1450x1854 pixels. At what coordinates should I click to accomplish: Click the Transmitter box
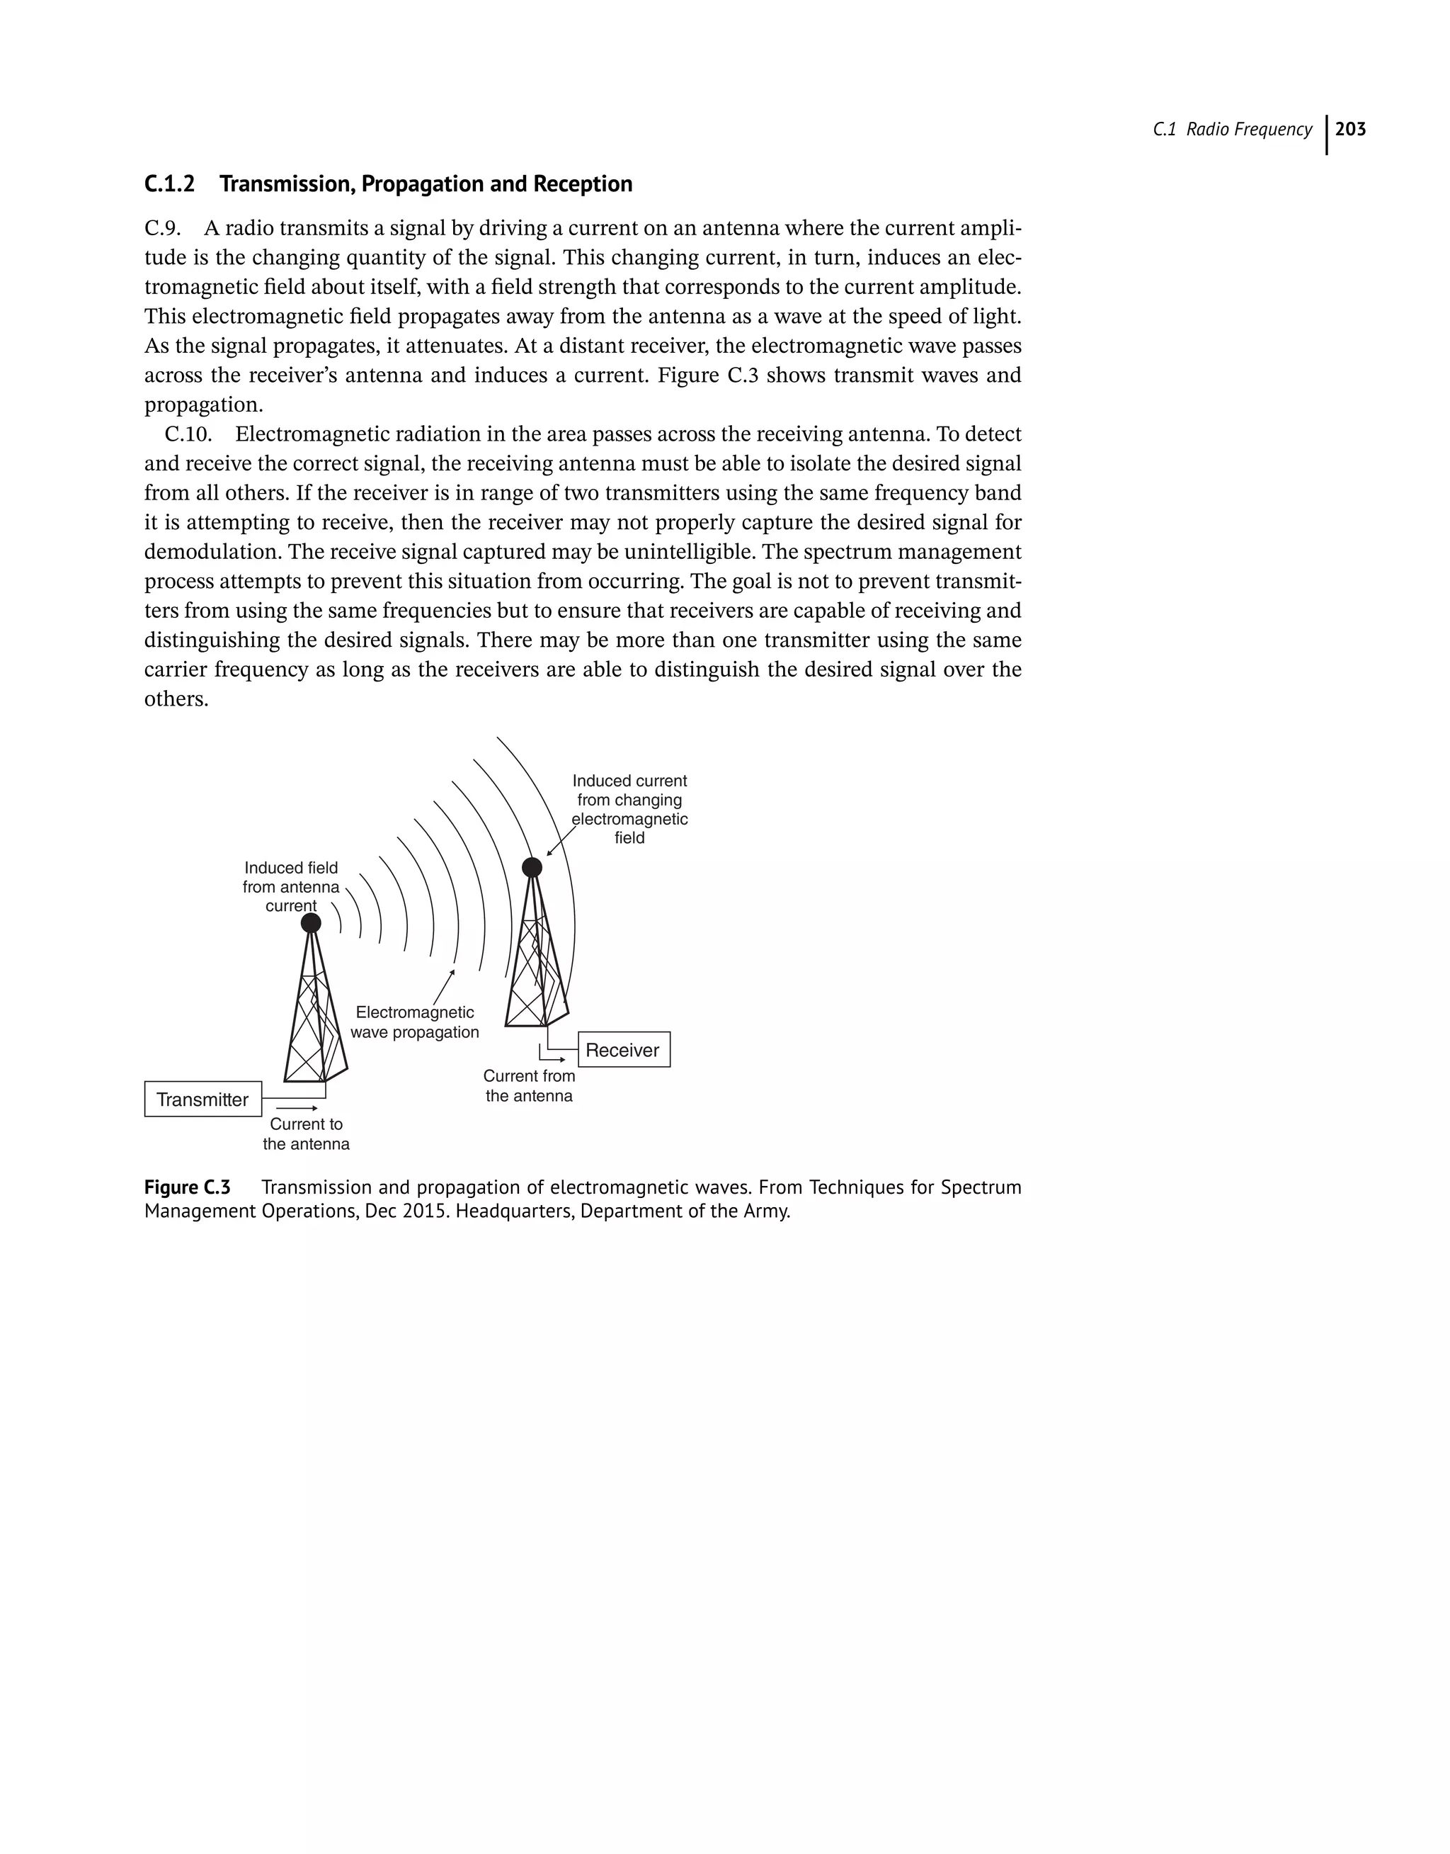(203, 1099)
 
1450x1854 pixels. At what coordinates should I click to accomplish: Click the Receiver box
(623, 1050)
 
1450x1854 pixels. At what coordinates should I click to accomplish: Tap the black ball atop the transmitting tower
(312, 923)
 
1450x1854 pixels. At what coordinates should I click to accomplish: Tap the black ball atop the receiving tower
(532, 867)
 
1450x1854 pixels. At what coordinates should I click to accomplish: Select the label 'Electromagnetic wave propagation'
(414, 1022)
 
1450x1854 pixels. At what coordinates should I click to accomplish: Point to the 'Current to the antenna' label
(306, 1134)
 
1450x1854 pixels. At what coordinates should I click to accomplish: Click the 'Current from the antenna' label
(529, 1085)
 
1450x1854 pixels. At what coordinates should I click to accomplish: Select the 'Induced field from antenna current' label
(290, 887)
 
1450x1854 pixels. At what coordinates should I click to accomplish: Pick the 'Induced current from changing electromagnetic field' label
(629, 809)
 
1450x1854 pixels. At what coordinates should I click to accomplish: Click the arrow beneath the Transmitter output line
(296, 1108)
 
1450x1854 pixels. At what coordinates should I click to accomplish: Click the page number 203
(1351, 129)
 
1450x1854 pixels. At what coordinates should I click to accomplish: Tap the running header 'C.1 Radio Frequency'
(1232, 129)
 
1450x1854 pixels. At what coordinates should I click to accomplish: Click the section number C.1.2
(170, 184)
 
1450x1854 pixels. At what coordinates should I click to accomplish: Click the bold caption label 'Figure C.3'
(188, 1187)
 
